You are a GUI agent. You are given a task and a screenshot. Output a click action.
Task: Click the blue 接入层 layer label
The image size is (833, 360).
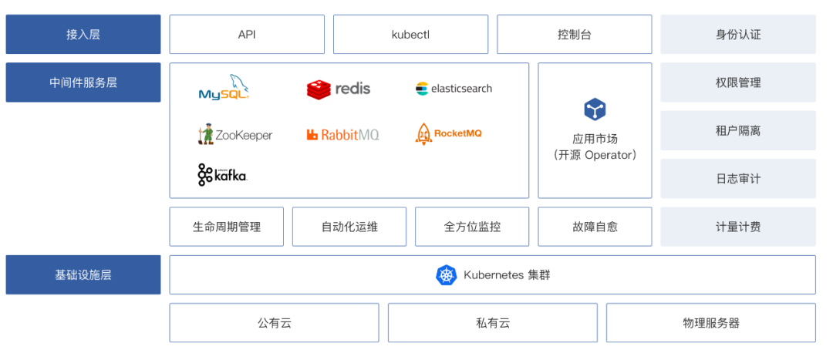83,35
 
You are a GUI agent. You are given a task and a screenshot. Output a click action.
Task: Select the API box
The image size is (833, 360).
247,35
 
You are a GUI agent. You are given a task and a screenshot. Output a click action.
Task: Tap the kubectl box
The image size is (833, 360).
410,35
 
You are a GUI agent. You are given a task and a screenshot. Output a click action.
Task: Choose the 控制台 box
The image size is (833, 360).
575,35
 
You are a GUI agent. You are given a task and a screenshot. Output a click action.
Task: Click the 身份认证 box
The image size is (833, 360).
738,35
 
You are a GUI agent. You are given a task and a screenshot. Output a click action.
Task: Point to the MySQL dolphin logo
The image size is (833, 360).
224,88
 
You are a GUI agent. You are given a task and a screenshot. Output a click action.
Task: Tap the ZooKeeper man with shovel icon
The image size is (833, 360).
206,134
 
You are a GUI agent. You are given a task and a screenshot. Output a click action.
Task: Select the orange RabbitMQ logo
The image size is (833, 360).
342,134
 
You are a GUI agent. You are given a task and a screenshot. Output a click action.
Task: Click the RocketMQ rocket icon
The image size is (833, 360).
423,134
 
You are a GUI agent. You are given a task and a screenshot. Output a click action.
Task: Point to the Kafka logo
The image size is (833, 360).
223,175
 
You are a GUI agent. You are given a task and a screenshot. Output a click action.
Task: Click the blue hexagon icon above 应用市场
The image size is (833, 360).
595,110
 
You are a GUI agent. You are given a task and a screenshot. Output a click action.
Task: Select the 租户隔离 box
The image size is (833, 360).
738,130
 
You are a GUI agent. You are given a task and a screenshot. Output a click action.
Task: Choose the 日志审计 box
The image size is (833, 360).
738,179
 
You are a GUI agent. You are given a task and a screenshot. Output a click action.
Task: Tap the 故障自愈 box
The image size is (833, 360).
595,227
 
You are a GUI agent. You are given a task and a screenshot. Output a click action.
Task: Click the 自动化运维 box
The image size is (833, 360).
349,227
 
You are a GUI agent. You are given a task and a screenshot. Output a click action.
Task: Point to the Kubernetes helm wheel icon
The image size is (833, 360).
447,275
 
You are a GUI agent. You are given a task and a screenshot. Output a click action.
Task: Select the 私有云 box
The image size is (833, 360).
492,323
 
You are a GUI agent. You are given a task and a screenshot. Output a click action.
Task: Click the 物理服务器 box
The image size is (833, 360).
711,323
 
